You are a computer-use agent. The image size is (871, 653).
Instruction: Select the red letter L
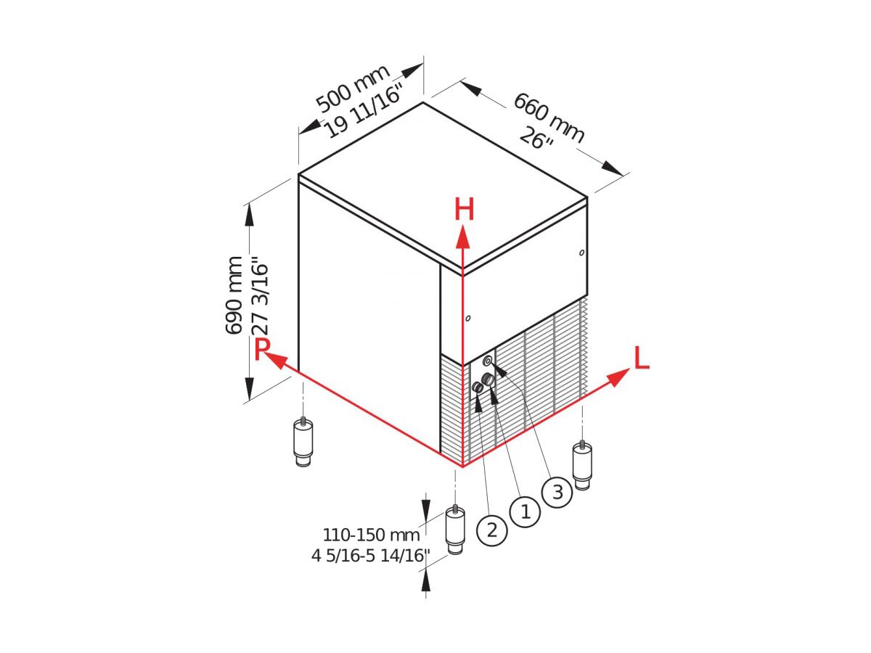[x=642, y=358]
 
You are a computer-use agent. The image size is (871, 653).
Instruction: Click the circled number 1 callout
[x=525, y=512]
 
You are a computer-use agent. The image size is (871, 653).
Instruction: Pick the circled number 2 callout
[x=492, y=530]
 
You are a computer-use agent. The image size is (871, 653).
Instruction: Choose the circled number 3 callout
[x=557, y=493]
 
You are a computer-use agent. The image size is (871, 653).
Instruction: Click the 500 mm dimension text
[x=352, y=89]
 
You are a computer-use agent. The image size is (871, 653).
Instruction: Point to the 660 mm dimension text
[x=549, y=118]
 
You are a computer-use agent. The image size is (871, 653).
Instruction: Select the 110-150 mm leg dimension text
[x=371, y=535]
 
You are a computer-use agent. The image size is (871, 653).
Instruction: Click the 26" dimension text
[x=536, y=139]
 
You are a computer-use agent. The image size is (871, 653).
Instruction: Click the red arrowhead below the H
[x=462, y=237]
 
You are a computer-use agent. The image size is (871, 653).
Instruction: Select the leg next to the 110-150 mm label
[x=455, y=530]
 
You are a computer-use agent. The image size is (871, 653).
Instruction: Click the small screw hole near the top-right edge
[x=581, y=252]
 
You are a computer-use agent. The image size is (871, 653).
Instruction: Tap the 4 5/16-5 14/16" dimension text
[x=371, y=556]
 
